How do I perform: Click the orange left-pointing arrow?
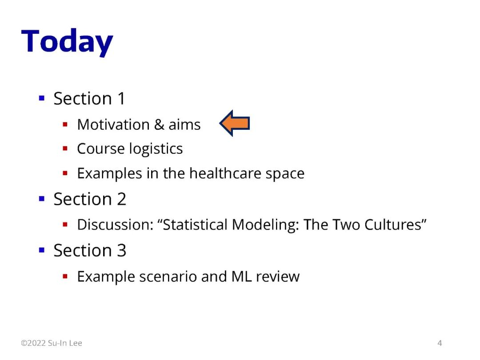tap(235, 123)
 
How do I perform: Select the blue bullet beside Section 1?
tap(42, 98)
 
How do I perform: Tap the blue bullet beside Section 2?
tap(42, 199)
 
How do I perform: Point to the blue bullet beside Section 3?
tap(42, 250)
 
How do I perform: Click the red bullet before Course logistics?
tap(65, 149)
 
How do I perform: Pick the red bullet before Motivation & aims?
tap(65, 124)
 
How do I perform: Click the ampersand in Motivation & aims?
tap(159, 124)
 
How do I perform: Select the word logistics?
tap(156, 149)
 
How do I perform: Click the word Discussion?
tap(115, 224)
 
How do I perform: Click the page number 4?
tap(440, 343)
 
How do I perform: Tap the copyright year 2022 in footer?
tap(36, 343)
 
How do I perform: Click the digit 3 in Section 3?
tap(121, 250)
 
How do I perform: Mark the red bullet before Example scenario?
tap(65, 276)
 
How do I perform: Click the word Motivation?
tap(113, 124)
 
